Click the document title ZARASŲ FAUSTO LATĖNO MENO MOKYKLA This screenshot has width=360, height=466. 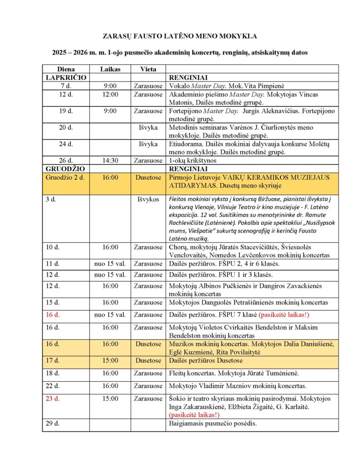pyautogui.click(x=180, y=35)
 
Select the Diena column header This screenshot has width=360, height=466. pyautogui.click(x=66, y=69)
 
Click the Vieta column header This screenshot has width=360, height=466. pyautogui.click(x=148, y=69)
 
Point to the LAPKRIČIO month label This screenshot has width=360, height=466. pyautogui.click(x=66, y=77)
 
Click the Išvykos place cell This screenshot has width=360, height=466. pyautogui.click(x=148, y=199)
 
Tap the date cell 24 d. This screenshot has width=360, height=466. pyautogui.click(x=66, y=144)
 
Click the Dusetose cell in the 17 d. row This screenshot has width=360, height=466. pyautogui.click(x=148, y=360)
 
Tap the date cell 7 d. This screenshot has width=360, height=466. pyautogui.click(x=66, y=86)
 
